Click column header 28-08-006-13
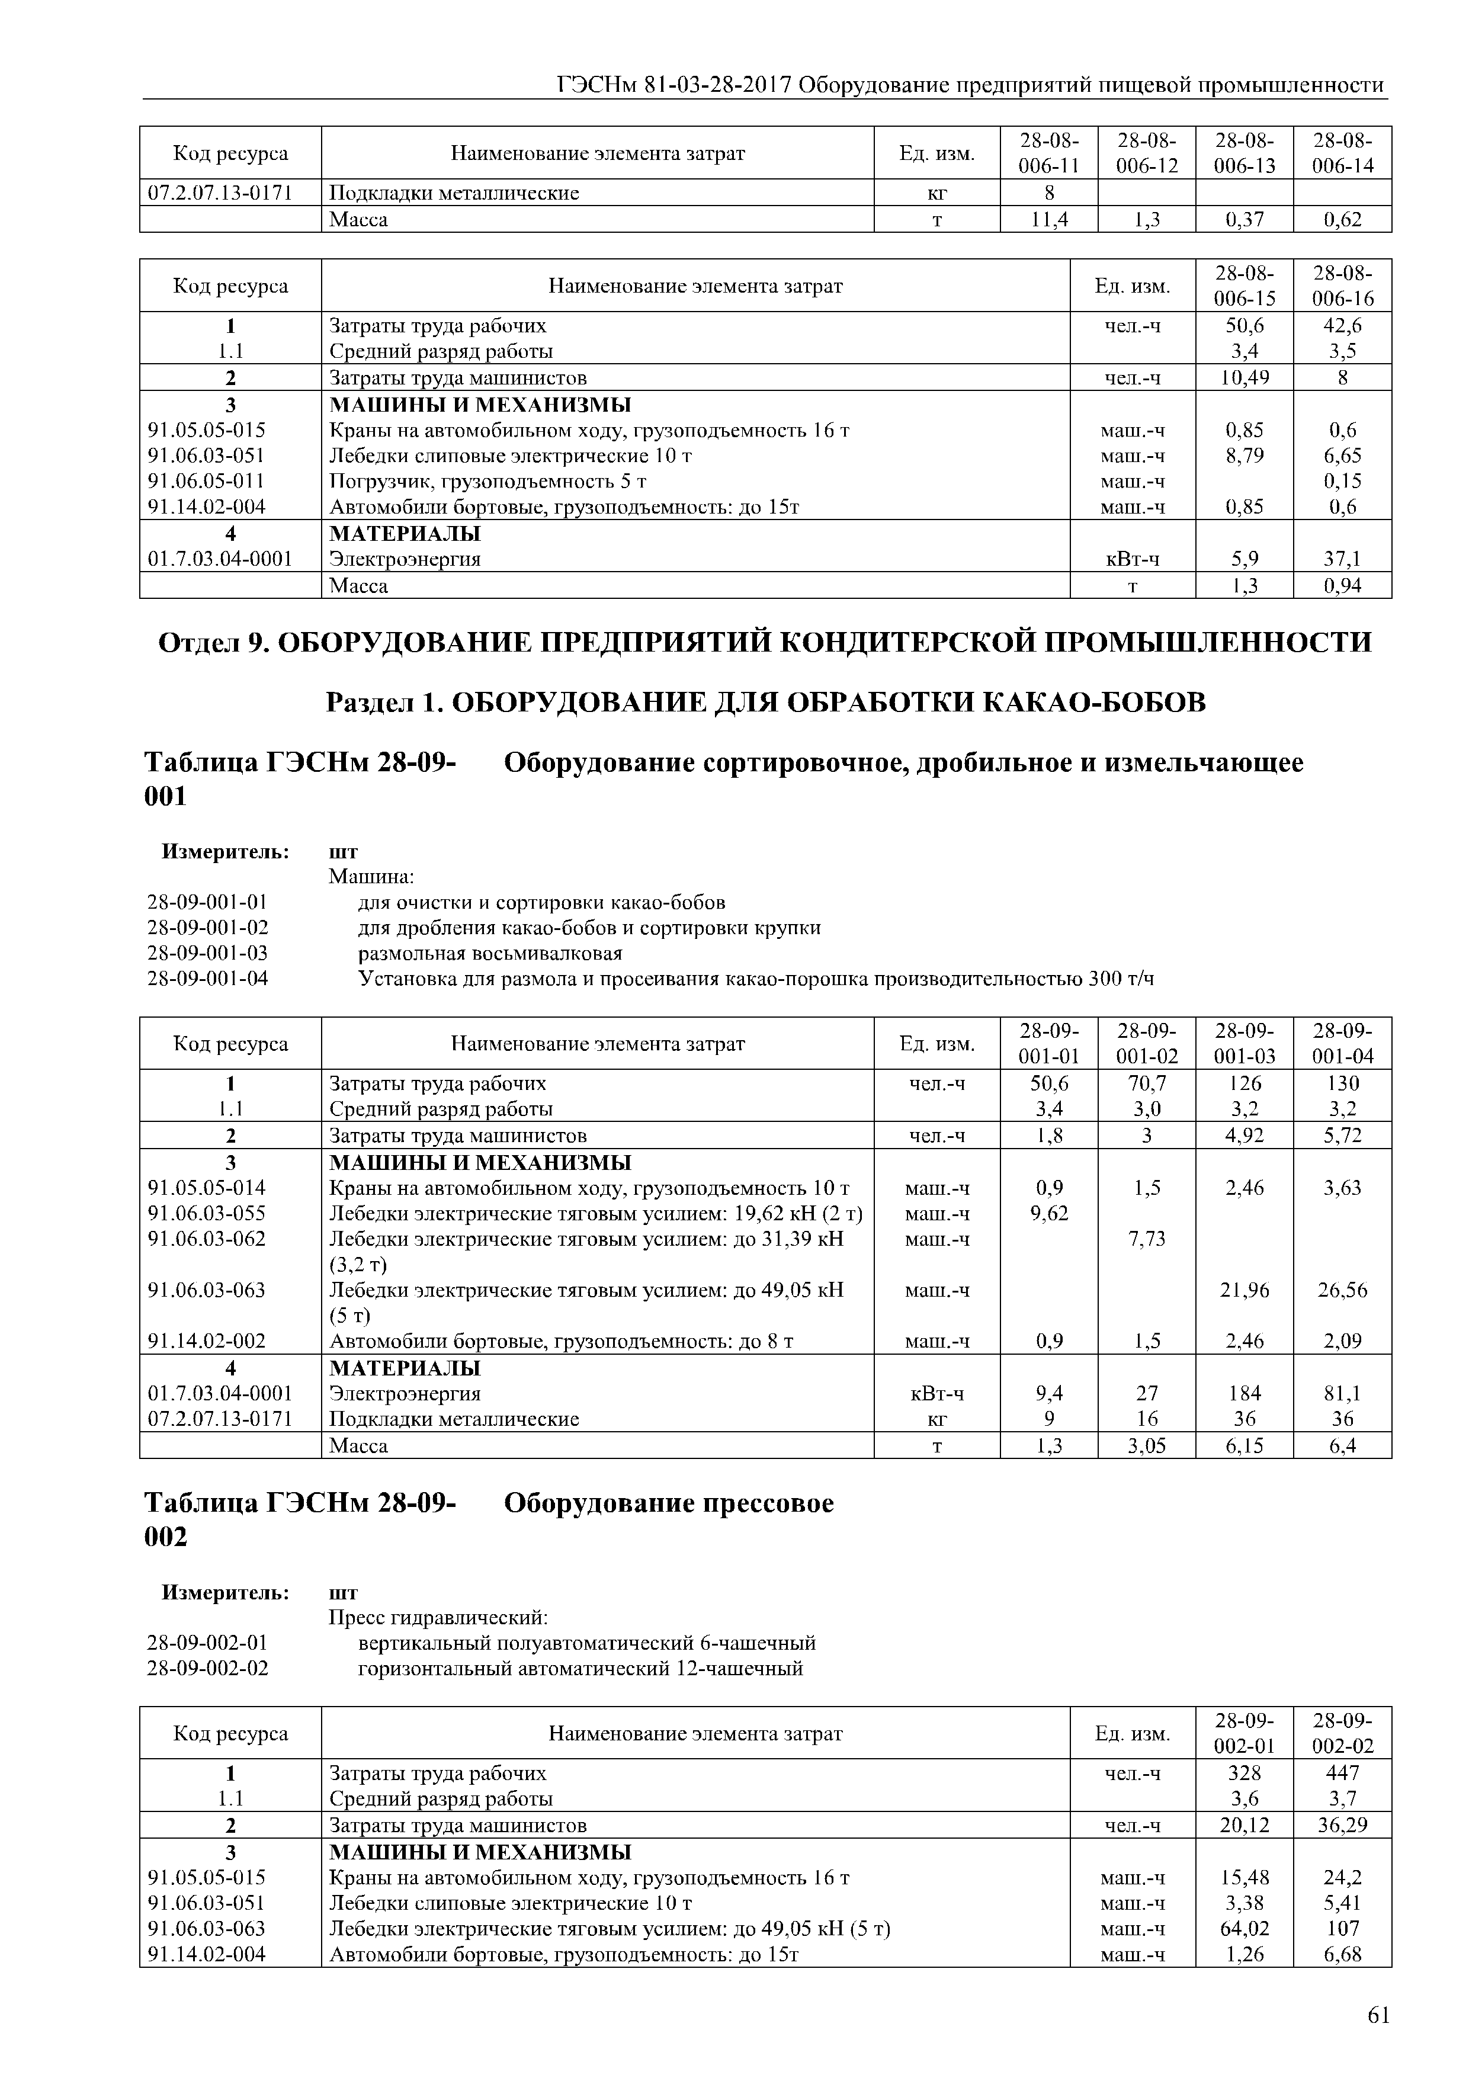1244,153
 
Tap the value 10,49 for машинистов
1244,377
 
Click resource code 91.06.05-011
206,480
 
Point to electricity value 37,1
1342,559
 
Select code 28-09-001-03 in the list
207,953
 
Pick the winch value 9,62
1049,1213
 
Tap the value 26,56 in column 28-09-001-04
1342,1290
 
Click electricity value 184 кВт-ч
1244,1393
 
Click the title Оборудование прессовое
668,1503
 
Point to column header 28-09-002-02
1342,1733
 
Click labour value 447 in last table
1342,1773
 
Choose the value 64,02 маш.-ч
1244,1929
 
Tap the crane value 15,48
1244,1878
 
